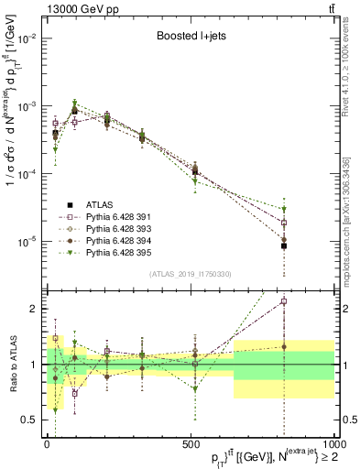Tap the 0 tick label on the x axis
click(x=46, y=442)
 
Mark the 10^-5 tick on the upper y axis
click(x=30, y=241)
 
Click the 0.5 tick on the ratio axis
click(x=32, y=420)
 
